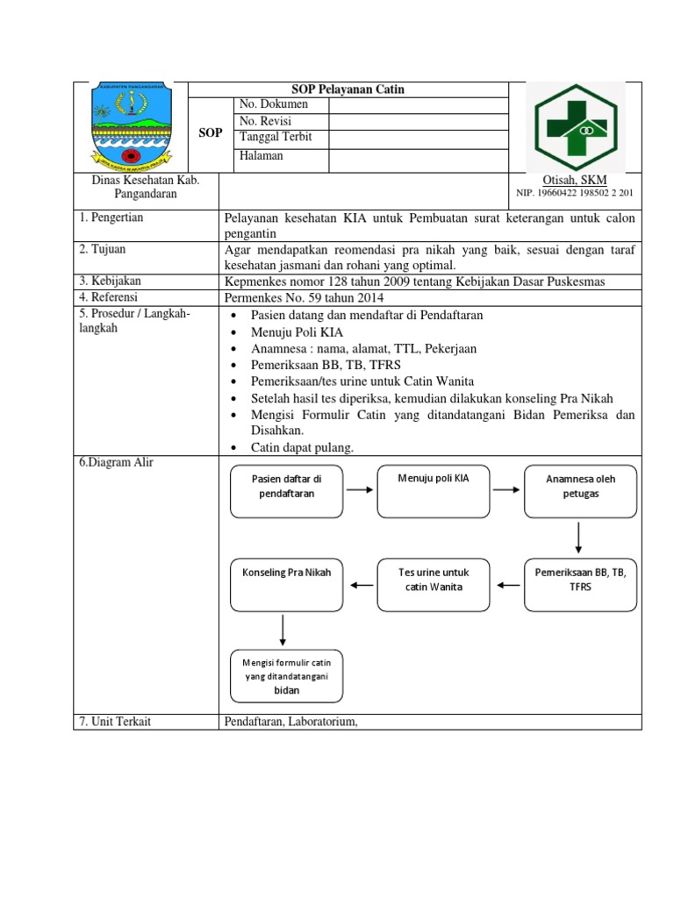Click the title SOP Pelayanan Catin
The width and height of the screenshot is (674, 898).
coord(348,89)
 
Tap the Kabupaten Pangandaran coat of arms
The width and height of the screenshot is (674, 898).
coord(133,127)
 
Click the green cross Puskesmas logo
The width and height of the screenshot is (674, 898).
coord(576,126)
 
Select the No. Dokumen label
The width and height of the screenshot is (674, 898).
coord(274,104)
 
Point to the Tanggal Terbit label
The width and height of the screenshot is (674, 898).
coord(276,138)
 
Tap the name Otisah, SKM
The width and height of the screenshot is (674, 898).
coord(576,180)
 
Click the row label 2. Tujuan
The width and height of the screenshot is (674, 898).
coord(103,249)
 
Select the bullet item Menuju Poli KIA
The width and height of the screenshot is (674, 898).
coord(298,331)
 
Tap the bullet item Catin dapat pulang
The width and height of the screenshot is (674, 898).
coord(302,447)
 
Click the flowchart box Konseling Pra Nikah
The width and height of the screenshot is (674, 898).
coord(286,584)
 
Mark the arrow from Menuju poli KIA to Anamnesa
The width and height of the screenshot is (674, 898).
coord(505,489)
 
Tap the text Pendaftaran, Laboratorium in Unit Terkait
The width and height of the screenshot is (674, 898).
coord(292,722)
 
